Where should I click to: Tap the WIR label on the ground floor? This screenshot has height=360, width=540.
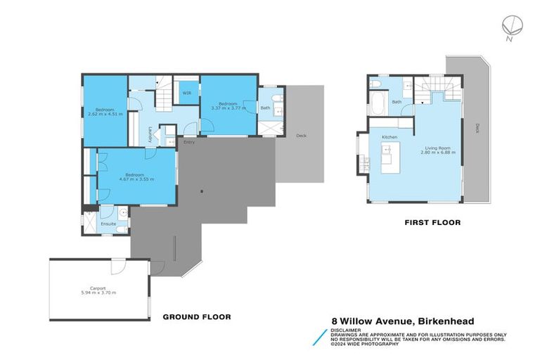coord(187,92)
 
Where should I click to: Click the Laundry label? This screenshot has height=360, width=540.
coord(150,134)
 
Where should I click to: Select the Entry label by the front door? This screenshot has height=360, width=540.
coord(188,143)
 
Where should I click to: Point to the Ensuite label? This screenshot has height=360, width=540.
coord(109,224)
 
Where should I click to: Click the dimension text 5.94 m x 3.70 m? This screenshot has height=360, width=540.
coord(98,292)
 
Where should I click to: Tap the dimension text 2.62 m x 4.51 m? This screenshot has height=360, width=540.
coord(105,113)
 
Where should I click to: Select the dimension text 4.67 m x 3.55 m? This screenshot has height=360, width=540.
coord(135,179)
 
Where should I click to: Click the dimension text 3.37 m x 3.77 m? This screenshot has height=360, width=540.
coord(229,108)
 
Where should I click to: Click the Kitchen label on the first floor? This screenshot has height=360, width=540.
coord(390,136)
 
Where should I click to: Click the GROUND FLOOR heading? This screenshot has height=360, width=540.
coord(197,316)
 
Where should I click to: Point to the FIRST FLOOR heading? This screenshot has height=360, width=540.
coord(432,222)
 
